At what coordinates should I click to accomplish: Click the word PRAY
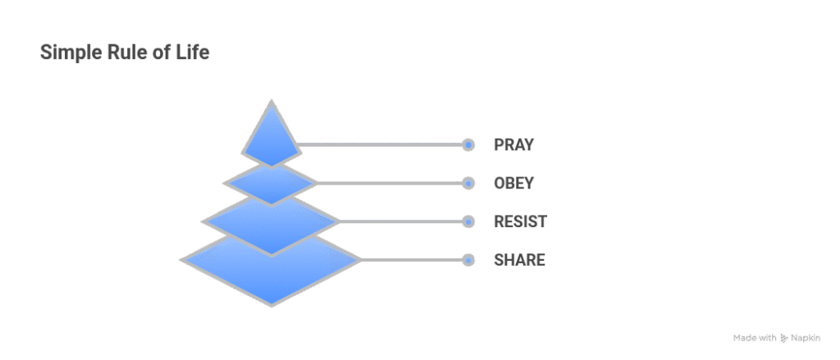click(x=514, y=145)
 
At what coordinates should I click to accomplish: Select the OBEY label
click(x=514, y=183)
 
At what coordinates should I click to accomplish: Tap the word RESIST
click(x=519, y=221)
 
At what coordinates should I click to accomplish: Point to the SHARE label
click(x=519, y=260)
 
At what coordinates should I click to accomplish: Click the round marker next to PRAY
click(x=468, y=145)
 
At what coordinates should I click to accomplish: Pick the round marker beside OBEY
click(x=468, y=183)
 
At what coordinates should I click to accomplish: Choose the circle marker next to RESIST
click(x=468, y=221)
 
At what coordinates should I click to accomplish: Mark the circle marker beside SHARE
click(x=468, y=260)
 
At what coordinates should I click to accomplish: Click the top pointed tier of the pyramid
click(x=272, y=139)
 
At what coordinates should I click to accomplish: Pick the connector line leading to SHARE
click(x=410, y=260)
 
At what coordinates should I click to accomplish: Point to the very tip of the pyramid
click(x=272, y=101)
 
